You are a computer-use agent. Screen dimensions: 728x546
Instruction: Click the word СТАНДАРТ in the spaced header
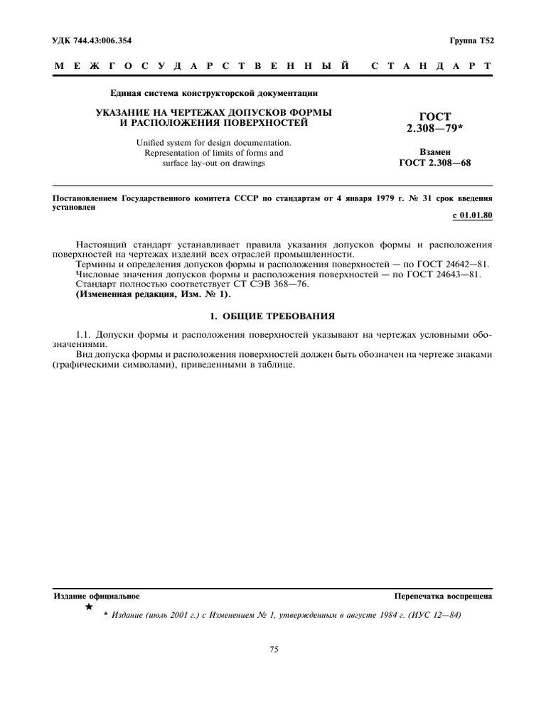431,66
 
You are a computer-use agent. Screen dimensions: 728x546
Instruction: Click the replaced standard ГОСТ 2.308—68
436,163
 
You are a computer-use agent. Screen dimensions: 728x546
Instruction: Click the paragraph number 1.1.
84,334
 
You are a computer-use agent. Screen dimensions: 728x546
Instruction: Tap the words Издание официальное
97,596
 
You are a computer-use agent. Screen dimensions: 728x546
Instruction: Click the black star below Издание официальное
89,607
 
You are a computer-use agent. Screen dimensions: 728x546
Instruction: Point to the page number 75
274,649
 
